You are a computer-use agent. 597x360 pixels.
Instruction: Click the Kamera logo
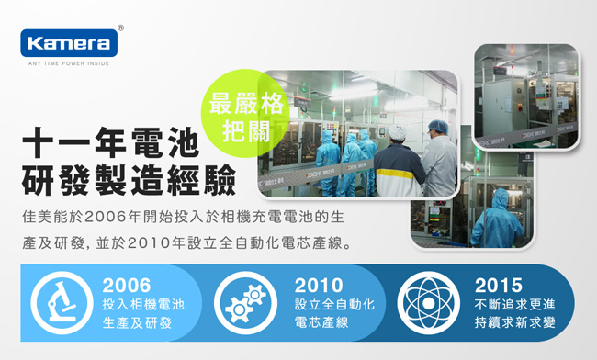coord(69,43)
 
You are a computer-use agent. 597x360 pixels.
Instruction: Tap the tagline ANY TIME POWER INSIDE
coord(69,63)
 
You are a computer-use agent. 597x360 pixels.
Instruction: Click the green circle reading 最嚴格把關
coord(245,113)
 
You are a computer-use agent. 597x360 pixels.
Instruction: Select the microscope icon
coord(62,302)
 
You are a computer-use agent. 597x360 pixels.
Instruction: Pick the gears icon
coord(245,303)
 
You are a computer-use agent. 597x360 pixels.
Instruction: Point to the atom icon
coord(428,303)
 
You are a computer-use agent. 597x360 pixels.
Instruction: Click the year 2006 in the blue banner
coord(127,286)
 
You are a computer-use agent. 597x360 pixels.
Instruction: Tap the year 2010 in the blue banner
coord(319,286)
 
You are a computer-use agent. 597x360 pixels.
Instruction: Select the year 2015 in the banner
coord(499,286)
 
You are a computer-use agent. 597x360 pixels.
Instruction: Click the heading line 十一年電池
coord(111,142)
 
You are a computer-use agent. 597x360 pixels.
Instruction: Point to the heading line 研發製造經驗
coord(129,180)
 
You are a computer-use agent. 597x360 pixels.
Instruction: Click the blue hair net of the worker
coord(438,127)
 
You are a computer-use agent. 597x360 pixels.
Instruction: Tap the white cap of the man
coord(397,131)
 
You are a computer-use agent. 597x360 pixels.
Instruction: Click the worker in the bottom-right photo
coord(496,219)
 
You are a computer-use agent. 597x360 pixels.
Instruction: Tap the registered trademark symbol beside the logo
coord(120,28)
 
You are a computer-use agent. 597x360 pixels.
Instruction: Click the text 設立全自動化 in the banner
coord(334,305)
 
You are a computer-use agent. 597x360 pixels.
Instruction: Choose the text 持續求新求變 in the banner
coord(514,322)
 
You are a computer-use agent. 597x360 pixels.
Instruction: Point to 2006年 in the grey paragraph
coord(113,217)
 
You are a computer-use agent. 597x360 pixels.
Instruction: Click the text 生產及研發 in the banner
coord(137,322)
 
